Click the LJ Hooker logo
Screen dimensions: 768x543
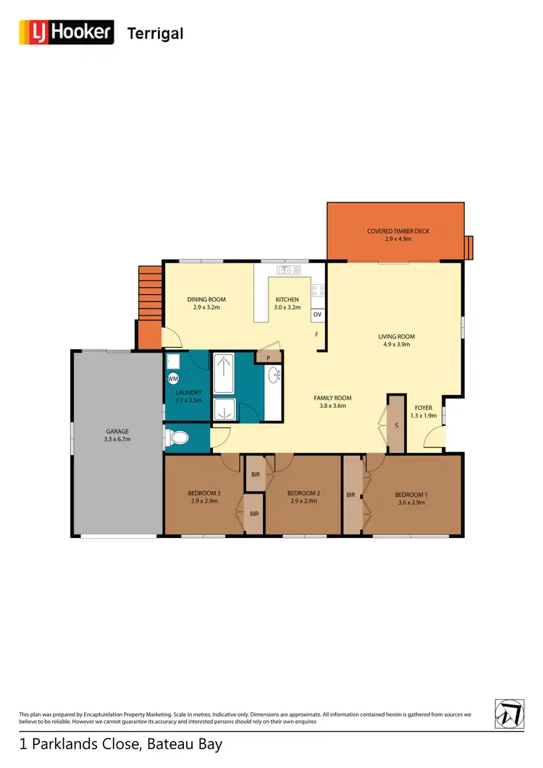coord(66,33)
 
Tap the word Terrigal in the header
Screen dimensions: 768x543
coord(155,33)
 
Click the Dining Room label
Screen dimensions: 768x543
coord(206,299)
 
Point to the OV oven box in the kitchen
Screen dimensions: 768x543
coord(317,315)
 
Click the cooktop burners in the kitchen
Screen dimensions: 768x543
coord(317,291)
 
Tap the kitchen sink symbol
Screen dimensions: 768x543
coord(286,270)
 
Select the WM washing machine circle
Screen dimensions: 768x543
coord(173,378)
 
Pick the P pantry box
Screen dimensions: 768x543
coord(268,357)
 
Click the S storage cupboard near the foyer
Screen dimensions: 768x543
coord(396,424)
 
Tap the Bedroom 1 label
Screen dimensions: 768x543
coord(411,495)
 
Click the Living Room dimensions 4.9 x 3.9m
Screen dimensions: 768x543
coord(396,344)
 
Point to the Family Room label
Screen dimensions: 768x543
coord(332,398)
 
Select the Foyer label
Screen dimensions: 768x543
coord(423,408)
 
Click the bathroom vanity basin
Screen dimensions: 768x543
coord(274,375)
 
